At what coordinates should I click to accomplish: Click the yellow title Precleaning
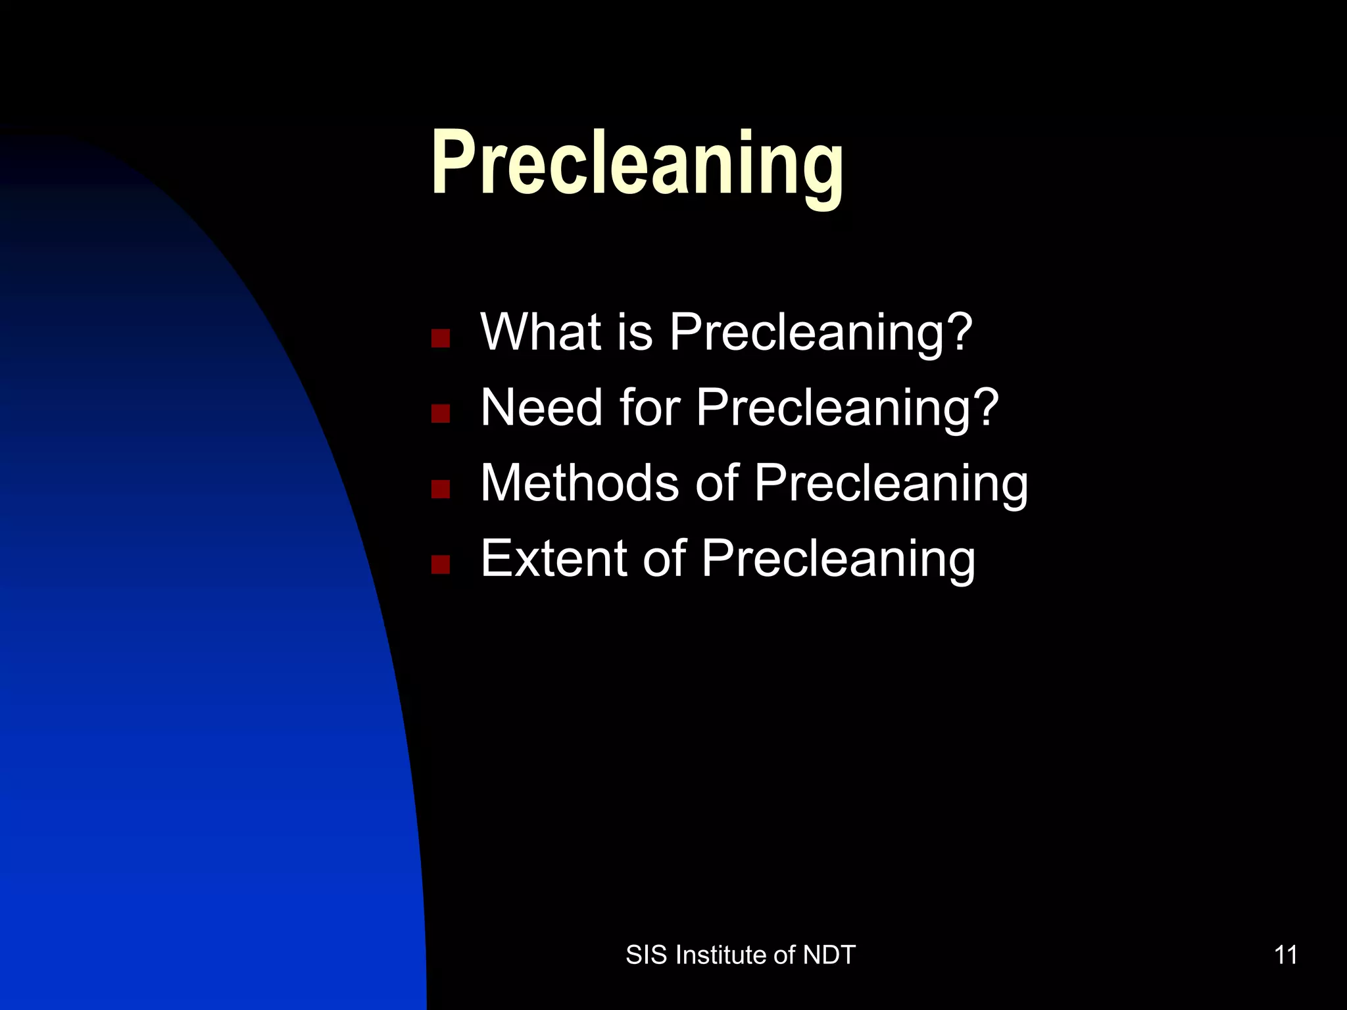click(637, 164)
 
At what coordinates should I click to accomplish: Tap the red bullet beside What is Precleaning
click(440, 338)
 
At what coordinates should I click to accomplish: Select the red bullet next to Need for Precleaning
click(440, 414)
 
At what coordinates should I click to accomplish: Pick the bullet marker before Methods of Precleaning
click(440, 489)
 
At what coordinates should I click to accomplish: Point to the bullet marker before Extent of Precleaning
click(440, 564)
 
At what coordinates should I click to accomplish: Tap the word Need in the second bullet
click(541, 407)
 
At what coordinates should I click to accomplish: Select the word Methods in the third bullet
click(579, 483)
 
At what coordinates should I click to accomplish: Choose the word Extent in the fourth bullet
click(553, 558)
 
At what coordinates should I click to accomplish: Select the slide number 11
click(1286, 955)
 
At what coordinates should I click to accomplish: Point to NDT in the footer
click(829, 955)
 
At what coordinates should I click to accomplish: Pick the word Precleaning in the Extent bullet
click(838, 558)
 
